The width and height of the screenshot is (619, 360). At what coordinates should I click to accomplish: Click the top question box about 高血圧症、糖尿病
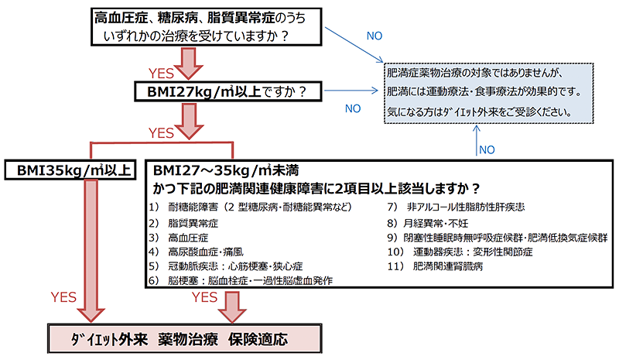207,27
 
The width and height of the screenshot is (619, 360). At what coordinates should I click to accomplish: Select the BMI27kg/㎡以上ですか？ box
228,91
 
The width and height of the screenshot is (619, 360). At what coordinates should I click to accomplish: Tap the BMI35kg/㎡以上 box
70,170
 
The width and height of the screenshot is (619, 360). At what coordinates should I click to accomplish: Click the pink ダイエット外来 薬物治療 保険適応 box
184,338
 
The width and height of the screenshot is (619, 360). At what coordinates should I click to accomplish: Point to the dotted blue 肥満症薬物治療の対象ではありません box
489,93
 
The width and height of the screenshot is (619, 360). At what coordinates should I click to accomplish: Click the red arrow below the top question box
189,63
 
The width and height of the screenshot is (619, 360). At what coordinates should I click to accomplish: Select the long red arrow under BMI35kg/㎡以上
91,251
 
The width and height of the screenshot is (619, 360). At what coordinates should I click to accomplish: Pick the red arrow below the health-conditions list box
233,307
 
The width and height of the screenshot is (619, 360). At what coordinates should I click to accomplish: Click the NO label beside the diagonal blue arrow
374,36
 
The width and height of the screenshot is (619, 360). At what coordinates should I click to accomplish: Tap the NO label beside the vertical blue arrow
487,149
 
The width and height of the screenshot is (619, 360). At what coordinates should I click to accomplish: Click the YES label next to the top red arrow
161,74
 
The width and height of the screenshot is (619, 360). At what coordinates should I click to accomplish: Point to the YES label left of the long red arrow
63,297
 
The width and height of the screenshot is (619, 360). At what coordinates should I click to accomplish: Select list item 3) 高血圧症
179,238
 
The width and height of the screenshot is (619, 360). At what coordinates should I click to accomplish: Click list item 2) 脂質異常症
183,223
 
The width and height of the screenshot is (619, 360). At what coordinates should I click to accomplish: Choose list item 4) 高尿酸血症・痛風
197,252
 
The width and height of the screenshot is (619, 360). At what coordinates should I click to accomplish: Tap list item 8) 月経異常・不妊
428,223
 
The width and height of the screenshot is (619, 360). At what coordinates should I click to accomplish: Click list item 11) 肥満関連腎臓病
435,266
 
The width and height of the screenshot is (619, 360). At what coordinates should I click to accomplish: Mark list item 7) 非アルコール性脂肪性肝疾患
456,207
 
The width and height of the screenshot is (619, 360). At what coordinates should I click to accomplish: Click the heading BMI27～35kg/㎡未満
226,170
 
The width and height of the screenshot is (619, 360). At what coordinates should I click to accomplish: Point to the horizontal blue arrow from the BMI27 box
351,91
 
